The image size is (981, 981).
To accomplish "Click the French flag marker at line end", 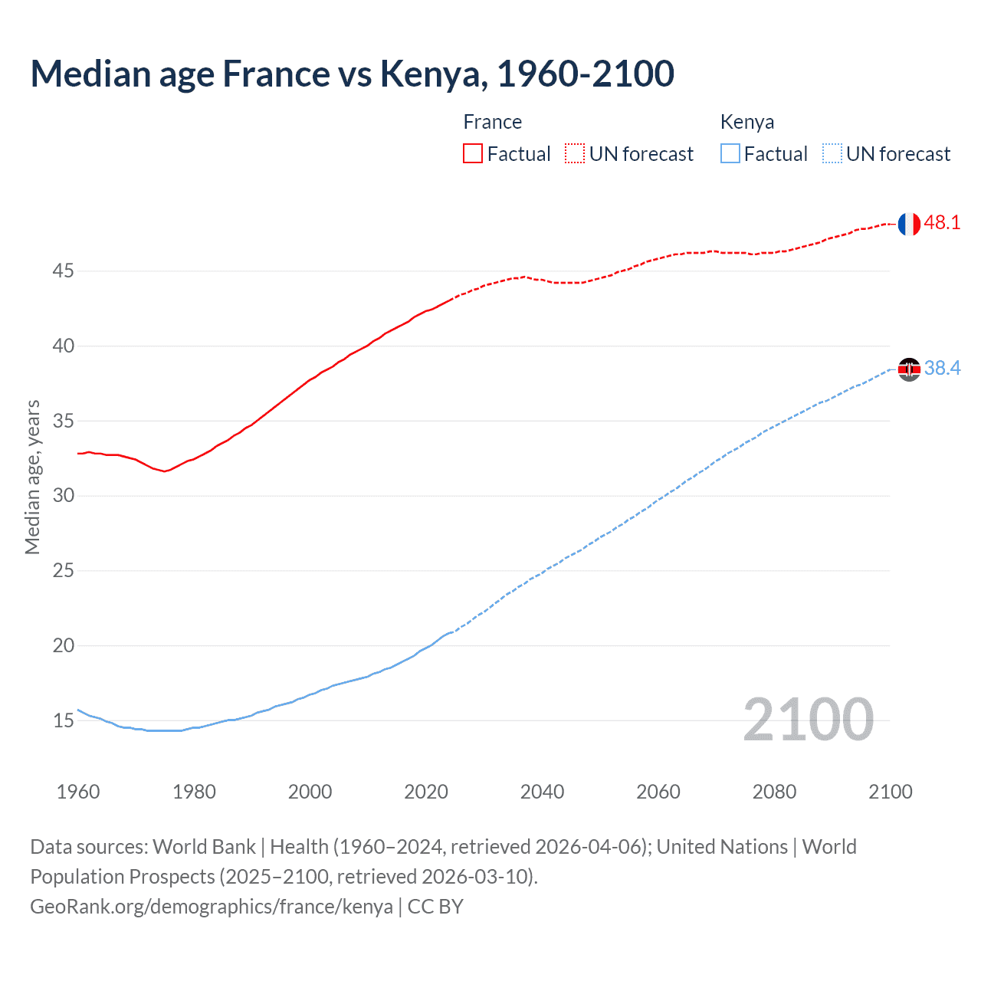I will coord(909,224).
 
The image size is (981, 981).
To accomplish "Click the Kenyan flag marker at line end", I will coord(909,369).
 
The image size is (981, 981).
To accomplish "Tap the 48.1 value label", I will coord(942,223).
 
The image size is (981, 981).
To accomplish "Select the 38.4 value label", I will coord(942,369).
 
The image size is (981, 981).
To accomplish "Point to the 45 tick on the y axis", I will coord(64,271).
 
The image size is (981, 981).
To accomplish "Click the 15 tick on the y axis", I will coord(64,720).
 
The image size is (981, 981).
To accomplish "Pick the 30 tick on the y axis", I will coord(64,496).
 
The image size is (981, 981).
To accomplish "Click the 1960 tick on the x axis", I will coord(78,792).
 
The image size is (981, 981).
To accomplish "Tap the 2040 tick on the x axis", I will coord(542,792).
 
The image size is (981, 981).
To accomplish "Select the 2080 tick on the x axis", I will coord(774,792).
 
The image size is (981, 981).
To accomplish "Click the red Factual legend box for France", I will coord(473,154).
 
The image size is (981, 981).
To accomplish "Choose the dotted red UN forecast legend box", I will coord(575,154).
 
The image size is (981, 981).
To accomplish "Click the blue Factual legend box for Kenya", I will coord(730,154).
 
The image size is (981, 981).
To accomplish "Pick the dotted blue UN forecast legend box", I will coord(832,154).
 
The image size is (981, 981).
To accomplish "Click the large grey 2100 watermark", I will coord(808,720).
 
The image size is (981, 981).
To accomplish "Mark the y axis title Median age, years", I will coord(32,477).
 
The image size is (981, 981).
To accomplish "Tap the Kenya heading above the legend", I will coord(746,122).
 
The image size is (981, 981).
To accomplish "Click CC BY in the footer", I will coord(435,907).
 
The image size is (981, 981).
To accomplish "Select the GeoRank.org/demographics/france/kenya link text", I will coord(212,907).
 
